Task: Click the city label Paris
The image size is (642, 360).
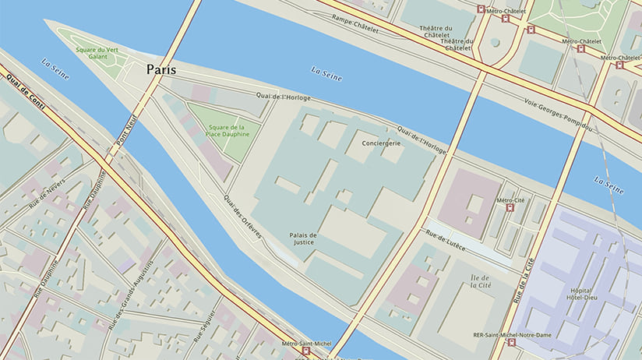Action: pos(161,70)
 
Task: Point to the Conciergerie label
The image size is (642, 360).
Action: pos(382,143)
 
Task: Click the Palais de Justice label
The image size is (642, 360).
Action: pos(303,238)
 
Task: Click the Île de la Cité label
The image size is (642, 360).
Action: pos(480,282)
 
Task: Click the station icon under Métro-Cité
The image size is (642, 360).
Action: pos(510,208)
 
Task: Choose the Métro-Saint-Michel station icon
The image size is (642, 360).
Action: pos(305,351)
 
